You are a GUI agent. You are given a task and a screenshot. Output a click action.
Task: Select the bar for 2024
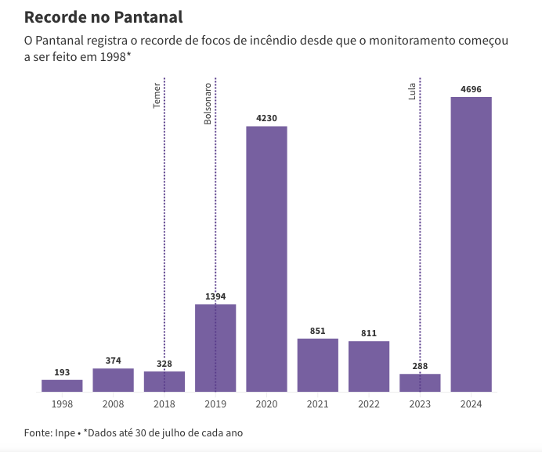tap(471, 244)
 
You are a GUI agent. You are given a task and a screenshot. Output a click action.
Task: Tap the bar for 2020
tap(266, 258)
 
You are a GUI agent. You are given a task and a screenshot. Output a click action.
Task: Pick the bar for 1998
tap(62, 386)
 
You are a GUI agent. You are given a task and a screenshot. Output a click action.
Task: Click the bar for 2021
tap(317, 364)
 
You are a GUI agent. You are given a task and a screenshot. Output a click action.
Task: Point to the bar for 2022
tap(369, 366)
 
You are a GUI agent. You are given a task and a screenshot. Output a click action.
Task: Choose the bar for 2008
tap(113, 379)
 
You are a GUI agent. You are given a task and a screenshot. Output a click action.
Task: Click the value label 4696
tap(471, 90)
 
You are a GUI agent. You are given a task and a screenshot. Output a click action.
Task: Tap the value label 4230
tap(266, 119)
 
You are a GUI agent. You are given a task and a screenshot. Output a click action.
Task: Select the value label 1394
tap(215, 297)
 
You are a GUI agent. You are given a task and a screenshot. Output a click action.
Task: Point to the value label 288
tap(420, 366)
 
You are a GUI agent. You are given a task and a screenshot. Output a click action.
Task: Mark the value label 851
tap(317, 332)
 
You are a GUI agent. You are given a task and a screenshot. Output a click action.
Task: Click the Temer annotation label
tap(157, 95)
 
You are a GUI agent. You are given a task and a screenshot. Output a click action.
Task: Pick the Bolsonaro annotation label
tap(208, 103)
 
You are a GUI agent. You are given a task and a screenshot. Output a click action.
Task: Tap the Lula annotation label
tap(412, 91)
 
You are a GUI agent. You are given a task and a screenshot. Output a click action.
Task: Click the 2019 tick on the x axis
tap(215, 404)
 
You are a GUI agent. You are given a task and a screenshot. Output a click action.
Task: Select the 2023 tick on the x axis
tap(420, 404)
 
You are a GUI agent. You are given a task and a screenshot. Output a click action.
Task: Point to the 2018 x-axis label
tap(164, 404)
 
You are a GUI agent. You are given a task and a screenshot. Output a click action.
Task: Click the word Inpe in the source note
tap(64, 432)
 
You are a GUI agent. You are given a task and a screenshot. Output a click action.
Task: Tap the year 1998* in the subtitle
tap(113, 57)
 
